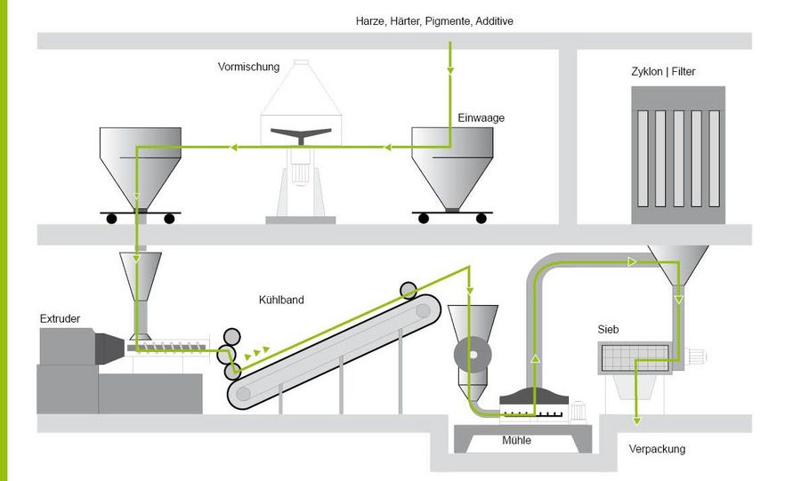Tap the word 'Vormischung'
[x=248, y=67]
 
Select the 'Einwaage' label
[x=481, y=117]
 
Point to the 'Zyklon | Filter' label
[x=664, y=72]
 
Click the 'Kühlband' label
[x=281, y=300]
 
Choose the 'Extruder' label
[x=60, y=318]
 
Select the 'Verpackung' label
[x=657, y=449]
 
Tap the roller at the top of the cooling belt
[x=409, y=289]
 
